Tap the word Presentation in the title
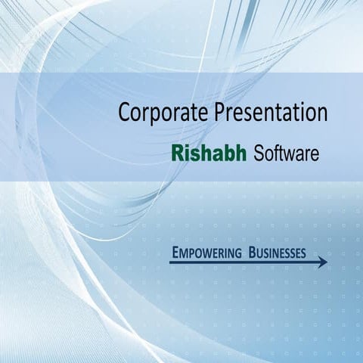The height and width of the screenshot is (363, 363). (x=270, y=113)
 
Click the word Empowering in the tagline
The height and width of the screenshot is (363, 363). (x=204, y=252)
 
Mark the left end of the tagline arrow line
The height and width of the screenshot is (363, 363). (x=171, y=262)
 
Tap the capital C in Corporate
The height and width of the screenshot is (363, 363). (x=125, y=113)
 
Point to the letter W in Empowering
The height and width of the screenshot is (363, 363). (x=203, y=253)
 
